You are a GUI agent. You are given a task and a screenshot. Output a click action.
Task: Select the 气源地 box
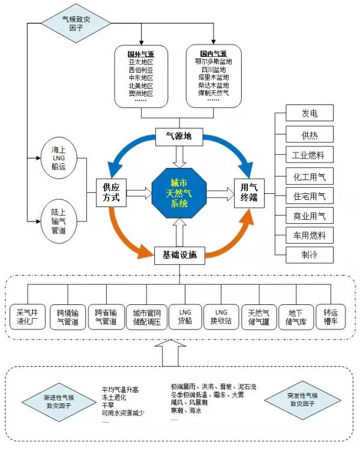[178, 137]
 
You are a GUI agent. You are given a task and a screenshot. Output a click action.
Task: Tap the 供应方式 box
[112, 193]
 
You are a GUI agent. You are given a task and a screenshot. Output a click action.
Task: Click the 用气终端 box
[249, 193]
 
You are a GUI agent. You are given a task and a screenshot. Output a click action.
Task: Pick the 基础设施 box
[179, 255]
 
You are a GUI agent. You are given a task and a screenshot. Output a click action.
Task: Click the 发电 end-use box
[310, 113]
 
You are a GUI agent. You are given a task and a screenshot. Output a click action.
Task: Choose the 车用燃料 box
[310, 235]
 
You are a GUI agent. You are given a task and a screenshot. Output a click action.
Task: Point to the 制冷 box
[310, 255]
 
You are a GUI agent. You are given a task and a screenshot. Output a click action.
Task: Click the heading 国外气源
[140, 53]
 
